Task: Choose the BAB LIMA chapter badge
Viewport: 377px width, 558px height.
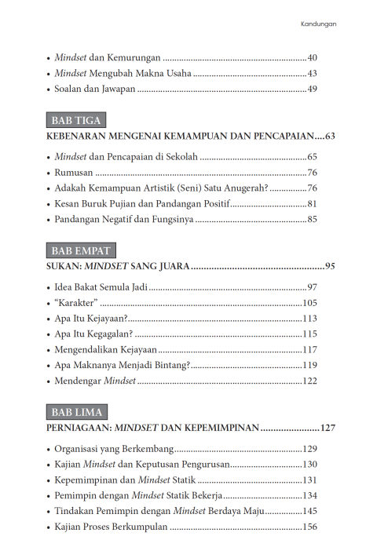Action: click(77, 412)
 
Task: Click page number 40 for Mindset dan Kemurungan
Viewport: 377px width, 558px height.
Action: click(312, 58)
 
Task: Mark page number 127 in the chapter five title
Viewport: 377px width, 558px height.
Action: click(328, 429)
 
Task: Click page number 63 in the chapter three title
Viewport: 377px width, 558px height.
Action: click(330, 137)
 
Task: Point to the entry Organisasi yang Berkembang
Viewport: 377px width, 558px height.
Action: click(113, 448)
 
